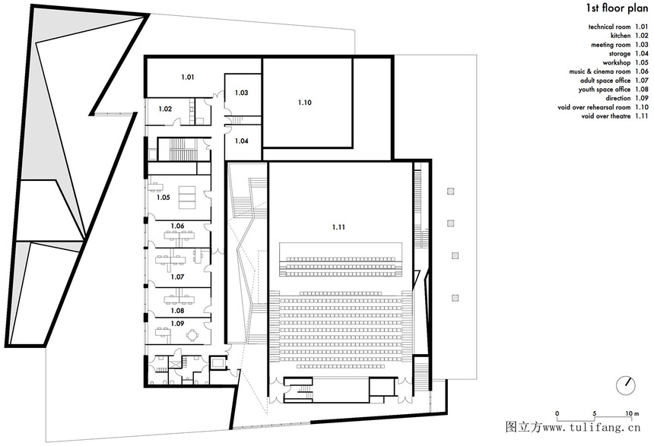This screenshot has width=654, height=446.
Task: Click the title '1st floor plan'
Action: (617, 8)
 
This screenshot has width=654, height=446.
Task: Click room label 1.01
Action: (188, 77)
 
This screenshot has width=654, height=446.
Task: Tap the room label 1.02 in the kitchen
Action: (165, 109)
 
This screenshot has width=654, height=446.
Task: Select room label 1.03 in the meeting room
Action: (242, 93)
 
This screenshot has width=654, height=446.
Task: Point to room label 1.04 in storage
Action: (242, 141)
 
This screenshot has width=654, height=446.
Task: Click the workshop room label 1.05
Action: (163, 197)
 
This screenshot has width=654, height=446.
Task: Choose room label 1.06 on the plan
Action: (177, 226)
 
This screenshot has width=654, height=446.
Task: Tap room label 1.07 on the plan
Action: (177, 277)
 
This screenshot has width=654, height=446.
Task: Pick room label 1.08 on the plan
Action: (177, 311)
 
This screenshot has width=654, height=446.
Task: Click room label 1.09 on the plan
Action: (177, 324)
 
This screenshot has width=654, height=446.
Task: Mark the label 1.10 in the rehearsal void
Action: (305, 103)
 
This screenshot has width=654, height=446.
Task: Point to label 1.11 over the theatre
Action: (338, 227)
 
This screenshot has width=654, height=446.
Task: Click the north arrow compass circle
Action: (626, 385)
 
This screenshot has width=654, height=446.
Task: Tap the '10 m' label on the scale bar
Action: (632, 414)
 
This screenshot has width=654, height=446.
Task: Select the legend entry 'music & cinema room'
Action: (600, 71)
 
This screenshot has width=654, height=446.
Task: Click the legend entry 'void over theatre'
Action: (606, 116)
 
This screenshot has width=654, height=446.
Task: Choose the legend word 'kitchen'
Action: (621, 36)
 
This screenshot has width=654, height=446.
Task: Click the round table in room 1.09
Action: (192, 334)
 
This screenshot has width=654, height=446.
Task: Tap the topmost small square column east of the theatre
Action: (450, 191)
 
